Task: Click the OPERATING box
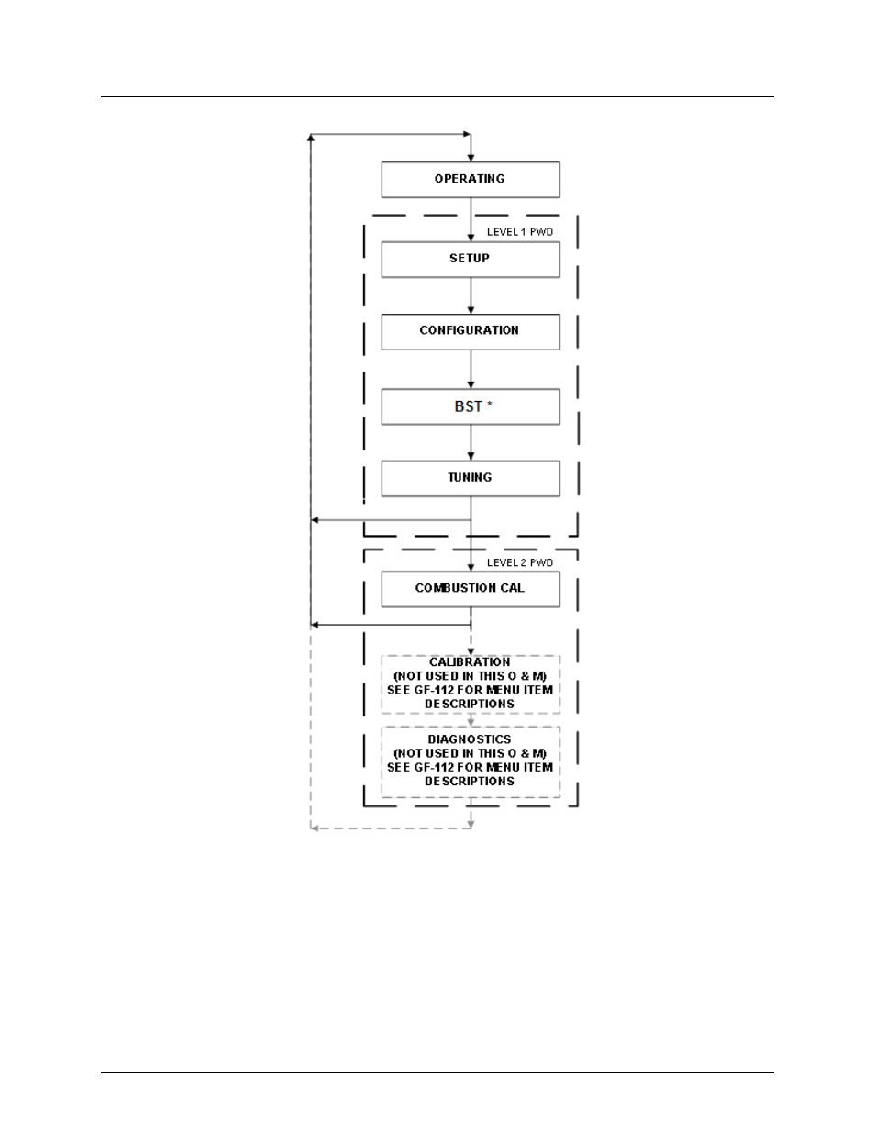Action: coord(471,180)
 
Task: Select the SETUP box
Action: coord(471,259)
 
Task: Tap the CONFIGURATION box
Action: coord(471,331)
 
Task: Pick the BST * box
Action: coord(471,406)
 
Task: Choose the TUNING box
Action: coord(471,478)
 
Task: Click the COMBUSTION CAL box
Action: coord(471,589)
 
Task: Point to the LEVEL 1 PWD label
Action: coord(519,232)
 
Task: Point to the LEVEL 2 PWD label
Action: coord(519,562)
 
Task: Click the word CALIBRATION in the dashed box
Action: coord(470,662)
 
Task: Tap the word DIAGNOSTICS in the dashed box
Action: coord(470,739)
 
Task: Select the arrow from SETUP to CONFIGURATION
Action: coord(471,295)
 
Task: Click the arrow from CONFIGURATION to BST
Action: coord(471,369)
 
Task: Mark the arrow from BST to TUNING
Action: coord(471,442)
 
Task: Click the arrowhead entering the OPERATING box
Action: coord(471,158)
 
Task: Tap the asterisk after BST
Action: coord(490,404)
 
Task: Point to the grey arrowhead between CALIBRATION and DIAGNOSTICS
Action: coord(471,722)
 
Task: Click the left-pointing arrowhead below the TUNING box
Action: coord(315,520)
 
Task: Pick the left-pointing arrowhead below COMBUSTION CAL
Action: coord(315,625)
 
